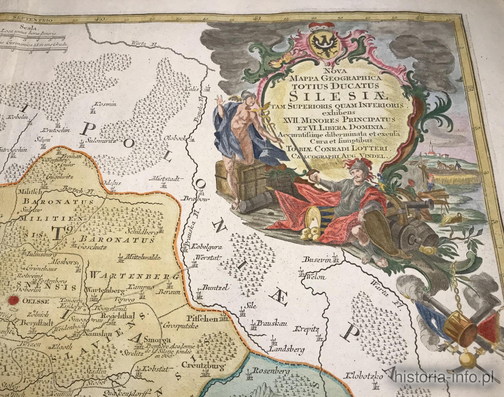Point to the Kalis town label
click(x=192, y=88)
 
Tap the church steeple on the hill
click(x=431, y=147)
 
